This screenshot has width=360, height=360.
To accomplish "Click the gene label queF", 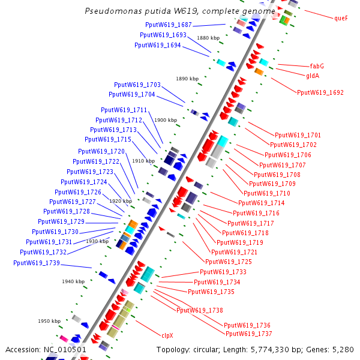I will tap(341, 18).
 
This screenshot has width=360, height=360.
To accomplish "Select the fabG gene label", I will tap(317, 66).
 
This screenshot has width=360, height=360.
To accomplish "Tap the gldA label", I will tap(313, 76).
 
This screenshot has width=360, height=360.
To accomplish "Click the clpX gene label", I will tap(167, 335).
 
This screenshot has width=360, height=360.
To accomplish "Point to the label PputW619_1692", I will tap(320, 93).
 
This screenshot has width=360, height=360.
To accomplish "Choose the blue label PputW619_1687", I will tap(169, 25).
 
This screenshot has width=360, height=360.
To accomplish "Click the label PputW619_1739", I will tap(37, 263).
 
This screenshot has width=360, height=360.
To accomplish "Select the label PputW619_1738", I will tap(199, 310).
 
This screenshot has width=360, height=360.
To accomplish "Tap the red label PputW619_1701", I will tap(298, 135).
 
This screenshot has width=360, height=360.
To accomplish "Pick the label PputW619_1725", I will tap(229, 262).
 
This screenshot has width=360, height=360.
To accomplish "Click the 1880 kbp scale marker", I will tap(208, 37).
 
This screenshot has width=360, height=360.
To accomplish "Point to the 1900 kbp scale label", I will tap(166, 120).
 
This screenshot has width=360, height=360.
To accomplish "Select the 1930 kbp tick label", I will tap(97, 241).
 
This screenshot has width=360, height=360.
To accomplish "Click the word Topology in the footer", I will tap(173, 349).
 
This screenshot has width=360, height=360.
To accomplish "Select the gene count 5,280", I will tap(344, 349).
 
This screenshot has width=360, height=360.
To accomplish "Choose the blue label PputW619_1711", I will tap(124, 110).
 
